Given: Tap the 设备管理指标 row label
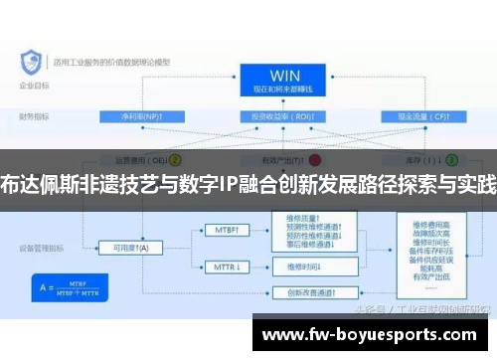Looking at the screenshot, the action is (40, 248).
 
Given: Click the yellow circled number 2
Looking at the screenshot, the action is (176, 158).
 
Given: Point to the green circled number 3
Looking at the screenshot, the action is (451, 158).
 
